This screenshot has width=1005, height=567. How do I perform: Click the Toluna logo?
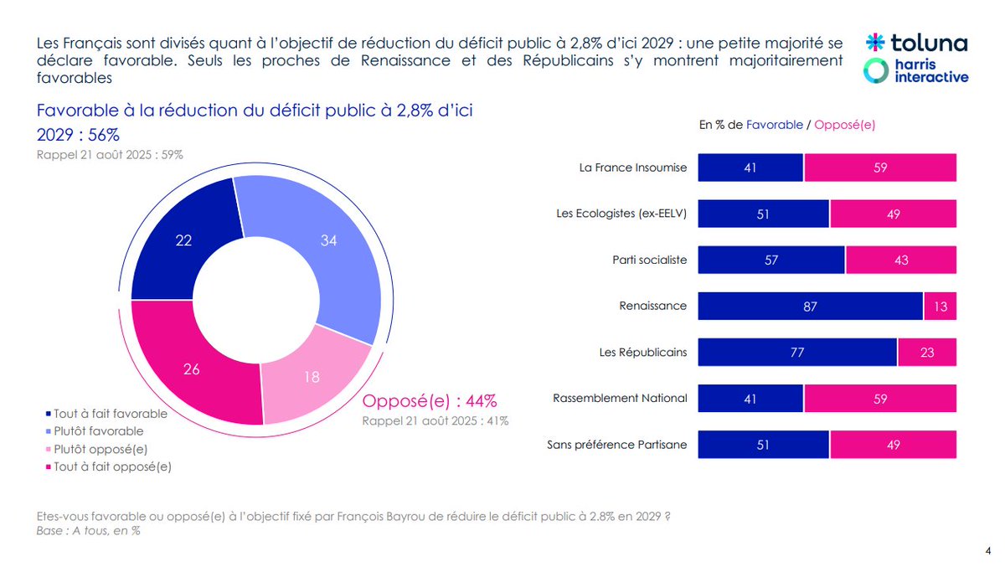[916, 43]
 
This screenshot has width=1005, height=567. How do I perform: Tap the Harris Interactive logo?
[916, 70]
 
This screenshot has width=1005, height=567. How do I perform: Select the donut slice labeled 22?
[178, 239]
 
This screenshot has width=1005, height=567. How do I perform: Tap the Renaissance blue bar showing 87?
[810, 306]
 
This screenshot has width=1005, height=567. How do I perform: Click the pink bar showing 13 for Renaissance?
[940, 306]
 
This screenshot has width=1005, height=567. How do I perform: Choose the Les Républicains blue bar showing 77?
[797, 353]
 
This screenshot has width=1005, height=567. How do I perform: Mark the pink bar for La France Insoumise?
[879, 168]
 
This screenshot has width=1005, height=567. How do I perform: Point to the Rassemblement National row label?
[620, 399]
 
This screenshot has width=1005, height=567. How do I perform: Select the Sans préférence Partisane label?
[616, 445]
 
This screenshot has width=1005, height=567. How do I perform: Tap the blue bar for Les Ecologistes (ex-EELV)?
[763, 214]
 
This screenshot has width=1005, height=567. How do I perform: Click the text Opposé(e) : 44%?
[430, 400]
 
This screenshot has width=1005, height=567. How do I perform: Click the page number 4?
[988, 550]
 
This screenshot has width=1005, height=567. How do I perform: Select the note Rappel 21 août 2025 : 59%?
[110, 155]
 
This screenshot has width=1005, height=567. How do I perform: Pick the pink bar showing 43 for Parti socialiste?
[900, 260]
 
